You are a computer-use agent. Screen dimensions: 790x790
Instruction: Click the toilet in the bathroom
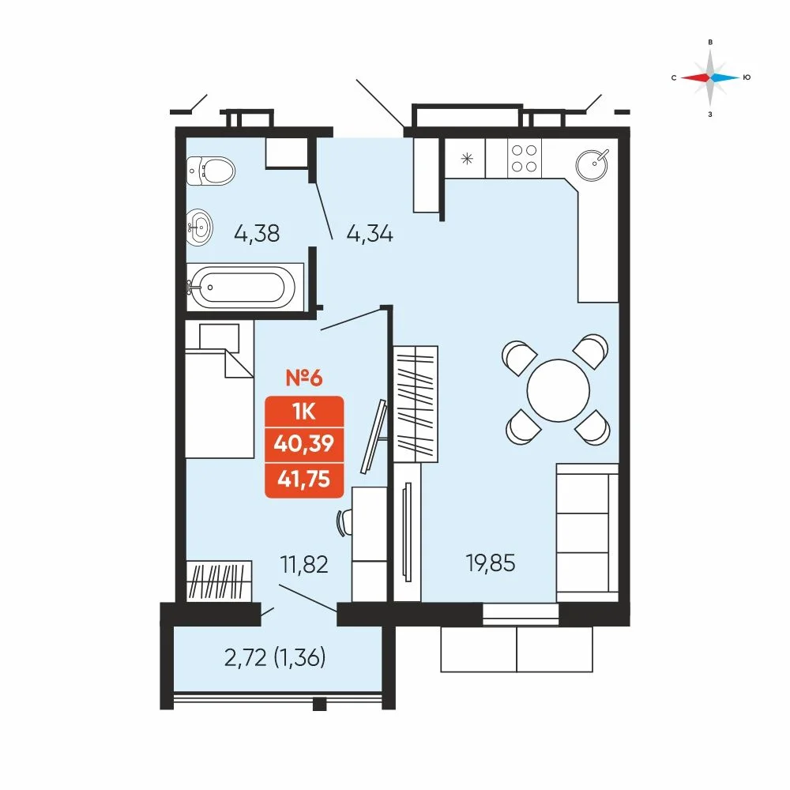[211, 171]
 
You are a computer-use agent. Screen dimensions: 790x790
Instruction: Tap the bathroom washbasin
[200, 228]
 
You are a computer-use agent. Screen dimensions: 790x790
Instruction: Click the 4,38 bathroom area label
[257, 234]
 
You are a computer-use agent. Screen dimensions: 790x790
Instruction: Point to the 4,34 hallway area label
[370, 234]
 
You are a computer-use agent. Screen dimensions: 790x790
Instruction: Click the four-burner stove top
[524, 158]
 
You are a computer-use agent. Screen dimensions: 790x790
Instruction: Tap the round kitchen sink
[592, 165]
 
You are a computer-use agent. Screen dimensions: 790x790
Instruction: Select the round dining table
[559, 390]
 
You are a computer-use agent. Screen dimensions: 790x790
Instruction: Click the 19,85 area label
[491, 563]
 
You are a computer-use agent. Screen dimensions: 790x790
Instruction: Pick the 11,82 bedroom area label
[304, 564]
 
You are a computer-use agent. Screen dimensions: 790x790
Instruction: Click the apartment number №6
[304, 378]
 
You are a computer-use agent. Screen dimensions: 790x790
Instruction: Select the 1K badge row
[304, 412]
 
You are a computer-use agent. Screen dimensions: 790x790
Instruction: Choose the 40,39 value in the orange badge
[304, 444]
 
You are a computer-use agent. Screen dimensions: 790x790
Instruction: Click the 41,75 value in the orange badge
[304, 479]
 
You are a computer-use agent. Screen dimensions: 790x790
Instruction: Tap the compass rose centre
[710, 77]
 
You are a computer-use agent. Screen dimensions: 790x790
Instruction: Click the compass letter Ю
[747, 77]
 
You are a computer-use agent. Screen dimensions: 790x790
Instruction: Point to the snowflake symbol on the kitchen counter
[467, 160]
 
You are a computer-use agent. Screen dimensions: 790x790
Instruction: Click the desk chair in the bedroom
[344, 522]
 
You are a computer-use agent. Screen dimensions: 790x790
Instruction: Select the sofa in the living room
[588, 532]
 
